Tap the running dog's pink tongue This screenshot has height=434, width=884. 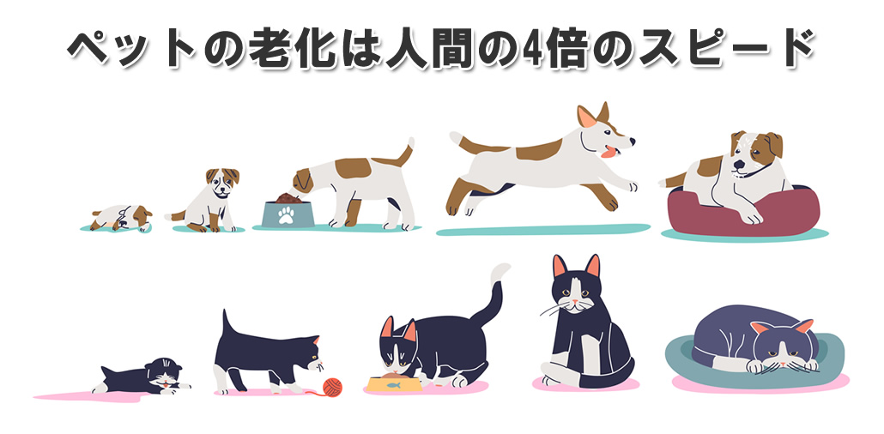point(610,154)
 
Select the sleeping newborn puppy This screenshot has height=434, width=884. point(120,218)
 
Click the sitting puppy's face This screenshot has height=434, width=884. point(221,185)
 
